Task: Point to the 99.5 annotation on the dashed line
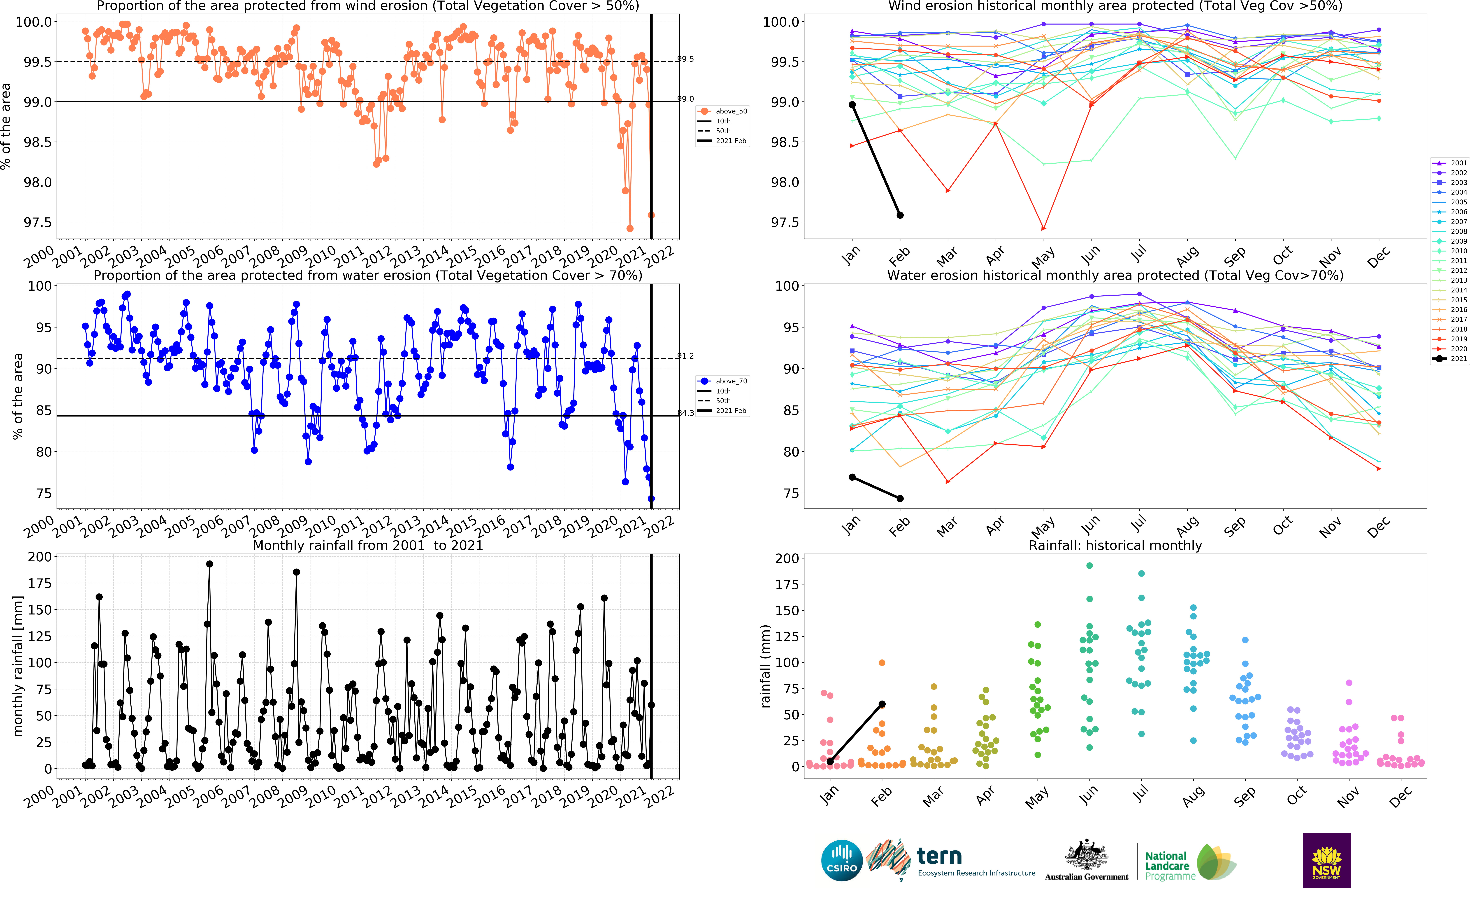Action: pyautogui.click(x=685, y=59)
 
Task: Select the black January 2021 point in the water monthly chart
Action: pyautogui.click(x=852, y=477)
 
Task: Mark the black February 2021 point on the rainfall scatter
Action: pyautogui.click(x=882, y=704)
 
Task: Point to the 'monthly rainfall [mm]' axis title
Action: pyautogui.click(x=18, y=666)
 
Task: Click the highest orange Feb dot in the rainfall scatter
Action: pyautogui.click(x=882, y=663)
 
